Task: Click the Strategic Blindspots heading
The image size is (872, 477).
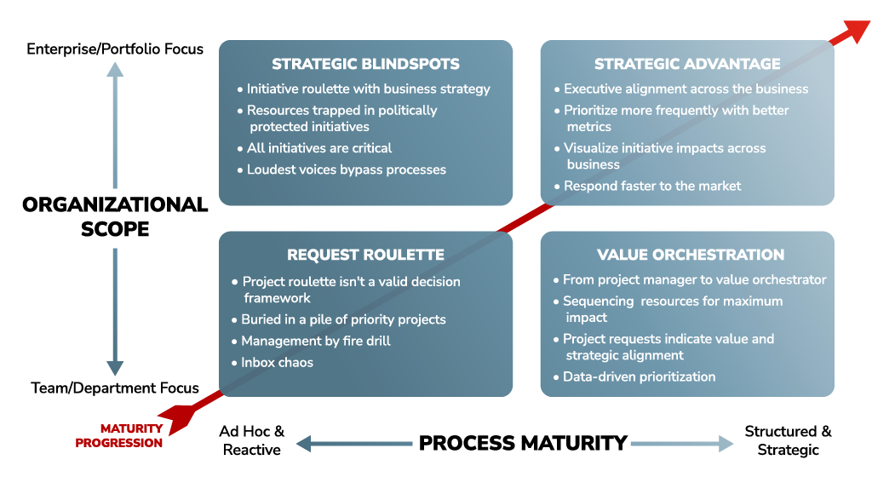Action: tap(365, 64)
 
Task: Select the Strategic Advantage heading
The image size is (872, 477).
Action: tap(687, 64)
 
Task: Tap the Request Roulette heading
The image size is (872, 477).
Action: tap(365, 255)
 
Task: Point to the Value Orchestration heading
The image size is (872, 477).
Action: tap(690, 255)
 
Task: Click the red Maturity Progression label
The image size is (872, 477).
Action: tap(119, 436)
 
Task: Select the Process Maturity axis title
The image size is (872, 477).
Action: tap(523, 443)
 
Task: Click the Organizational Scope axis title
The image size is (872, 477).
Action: tap(115, 216)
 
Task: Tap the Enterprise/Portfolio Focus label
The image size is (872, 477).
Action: tap(115, 49)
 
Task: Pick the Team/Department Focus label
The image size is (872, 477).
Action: tap(115, 388)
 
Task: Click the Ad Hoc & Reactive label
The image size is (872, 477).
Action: tap(252, 440)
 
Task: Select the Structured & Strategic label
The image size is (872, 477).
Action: tap(788, 440)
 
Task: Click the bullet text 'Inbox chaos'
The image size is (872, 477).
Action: tap(277, 363)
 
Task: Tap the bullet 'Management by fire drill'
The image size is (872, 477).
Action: tap(315, 341)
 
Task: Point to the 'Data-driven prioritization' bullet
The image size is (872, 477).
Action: tap(639, 377)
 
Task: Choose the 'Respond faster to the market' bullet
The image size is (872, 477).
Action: tap(652, 187)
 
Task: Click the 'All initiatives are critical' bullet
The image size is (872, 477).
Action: tap(319, 148)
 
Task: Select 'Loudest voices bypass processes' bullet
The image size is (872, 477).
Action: tap(346, 170)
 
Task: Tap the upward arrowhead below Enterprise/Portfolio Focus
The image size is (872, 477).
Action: tap(115, 69)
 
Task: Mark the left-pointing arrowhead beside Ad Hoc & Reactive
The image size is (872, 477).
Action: tap(304, 444)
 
